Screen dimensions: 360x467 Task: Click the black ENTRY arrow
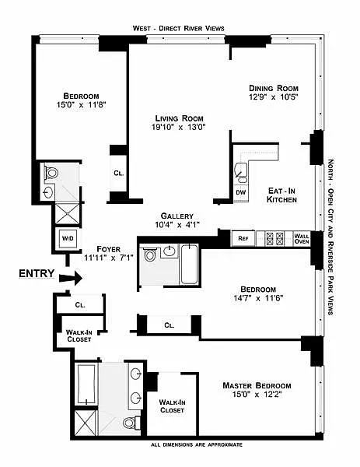[71, 278]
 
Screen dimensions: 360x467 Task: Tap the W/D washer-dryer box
[68, 238]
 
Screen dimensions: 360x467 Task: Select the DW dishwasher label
[241, 192]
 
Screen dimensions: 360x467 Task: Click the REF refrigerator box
[243, 239]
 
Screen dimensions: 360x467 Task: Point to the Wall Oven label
[302, 239]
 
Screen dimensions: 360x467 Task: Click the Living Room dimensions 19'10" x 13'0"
[179, 127]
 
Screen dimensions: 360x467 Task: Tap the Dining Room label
[274, 88]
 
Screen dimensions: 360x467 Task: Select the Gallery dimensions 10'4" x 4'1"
[177, 225]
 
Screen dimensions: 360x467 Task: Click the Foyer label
[109, 249]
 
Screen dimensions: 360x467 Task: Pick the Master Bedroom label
[257, 385]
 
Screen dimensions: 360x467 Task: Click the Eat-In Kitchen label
[281, 195]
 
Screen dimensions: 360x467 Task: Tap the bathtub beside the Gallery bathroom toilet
[189, 264]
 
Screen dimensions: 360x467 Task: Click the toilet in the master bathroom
[131, 423]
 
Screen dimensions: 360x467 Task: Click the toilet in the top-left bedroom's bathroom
[51, 172]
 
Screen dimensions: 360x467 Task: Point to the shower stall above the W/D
[68, 213]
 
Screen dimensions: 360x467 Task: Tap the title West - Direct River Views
[179, 28]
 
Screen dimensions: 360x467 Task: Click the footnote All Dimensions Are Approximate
[197, 444]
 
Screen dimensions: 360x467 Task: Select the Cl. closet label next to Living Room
[119, 173]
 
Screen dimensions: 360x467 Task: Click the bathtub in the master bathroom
[86, 384]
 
